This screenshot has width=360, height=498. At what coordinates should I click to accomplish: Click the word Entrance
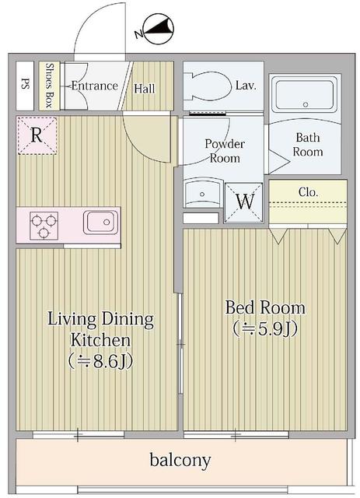coord(94,86)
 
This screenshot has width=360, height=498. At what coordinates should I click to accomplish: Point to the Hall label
coord(145,89)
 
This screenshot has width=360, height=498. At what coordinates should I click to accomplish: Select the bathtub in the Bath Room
coord(305,94)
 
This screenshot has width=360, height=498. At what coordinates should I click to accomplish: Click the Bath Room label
coord(308,145)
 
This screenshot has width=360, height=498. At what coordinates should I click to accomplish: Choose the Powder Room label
coord(224,151)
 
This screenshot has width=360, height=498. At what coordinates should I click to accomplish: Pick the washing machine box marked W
coord(244,201)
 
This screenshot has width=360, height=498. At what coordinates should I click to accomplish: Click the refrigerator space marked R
coord(36,134)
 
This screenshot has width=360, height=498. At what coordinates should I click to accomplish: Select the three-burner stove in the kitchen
coord(45,226)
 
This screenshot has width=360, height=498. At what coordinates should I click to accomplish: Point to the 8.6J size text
coord(100,361)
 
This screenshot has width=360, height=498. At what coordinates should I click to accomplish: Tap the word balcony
coord(180,461)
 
